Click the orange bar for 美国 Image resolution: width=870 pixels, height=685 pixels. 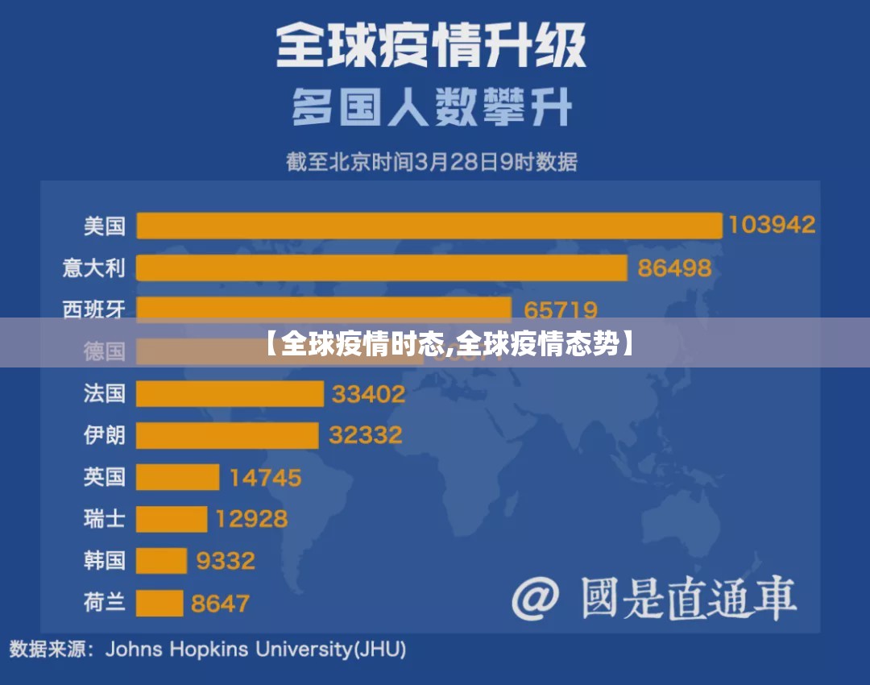pos(429,226)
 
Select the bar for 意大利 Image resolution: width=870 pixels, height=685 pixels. pos(381,268)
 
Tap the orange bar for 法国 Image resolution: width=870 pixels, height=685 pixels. pos(230,393)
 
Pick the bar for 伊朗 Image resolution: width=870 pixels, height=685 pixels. pos(227,435)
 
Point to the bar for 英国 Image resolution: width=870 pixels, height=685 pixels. pos(177,477)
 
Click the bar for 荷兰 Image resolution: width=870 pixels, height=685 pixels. pos(159,602)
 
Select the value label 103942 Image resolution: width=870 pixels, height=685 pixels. pos(772,225)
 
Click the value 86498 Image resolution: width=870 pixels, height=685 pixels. pos(674,268)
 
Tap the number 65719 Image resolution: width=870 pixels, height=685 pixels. pos(561,309)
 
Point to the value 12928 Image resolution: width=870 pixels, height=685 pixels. pos(251,518)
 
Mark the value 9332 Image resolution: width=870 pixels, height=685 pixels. pos(226,560)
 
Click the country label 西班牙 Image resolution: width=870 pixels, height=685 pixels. pos(94,309)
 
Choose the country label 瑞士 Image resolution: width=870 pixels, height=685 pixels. pos(105,518)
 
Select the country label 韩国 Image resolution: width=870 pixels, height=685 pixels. pos(105,560)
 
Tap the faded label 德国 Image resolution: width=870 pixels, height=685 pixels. pos(105,351)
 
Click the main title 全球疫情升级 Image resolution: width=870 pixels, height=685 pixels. pos(432,44)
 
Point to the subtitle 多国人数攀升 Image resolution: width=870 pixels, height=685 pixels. pos(432,106)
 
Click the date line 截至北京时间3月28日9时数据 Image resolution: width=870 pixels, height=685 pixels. pos(432,162)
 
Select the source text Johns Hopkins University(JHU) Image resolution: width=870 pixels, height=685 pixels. pos(256,649)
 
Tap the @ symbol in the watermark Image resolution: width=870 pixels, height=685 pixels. pos(536,599)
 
